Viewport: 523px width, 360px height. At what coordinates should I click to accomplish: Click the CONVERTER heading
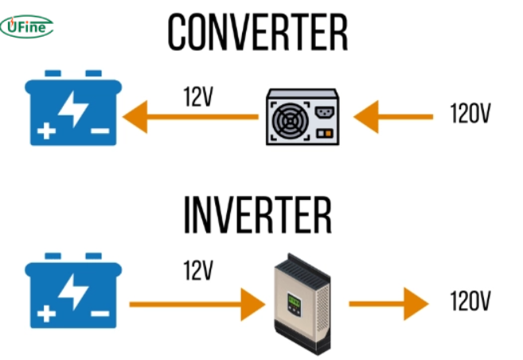tap(258, 32)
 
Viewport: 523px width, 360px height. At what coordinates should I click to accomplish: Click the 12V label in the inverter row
tap(198, 271)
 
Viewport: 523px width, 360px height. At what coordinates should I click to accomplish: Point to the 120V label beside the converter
tap(470, 115)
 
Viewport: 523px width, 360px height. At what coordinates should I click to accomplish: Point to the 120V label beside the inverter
tap(470, 302)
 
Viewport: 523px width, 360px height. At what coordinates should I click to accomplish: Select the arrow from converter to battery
tap(192, 117)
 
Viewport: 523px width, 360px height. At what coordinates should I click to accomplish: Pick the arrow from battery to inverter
tap(196, 303)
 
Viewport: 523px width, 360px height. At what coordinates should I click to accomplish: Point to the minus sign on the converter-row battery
tap(100, 131)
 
